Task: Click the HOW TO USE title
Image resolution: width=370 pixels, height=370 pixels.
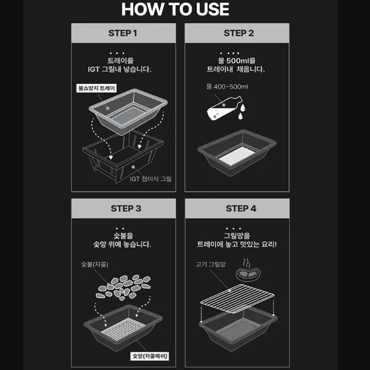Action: pyautogui.click(x=175, y=10)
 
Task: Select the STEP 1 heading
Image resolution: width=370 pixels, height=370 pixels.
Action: pyautogui.click(x=123, y=33)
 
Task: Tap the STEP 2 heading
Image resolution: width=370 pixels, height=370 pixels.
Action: pyautogui.click(x=239, y=33)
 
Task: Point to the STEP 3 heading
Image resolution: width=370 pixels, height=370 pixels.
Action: pyautogui.click(x=126, y=209)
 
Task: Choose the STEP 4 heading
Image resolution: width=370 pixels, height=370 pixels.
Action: pyautogui.click(x=241, y=209)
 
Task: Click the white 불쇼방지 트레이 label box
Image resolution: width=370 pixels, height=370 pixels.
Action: pyautogui.click(x=97, y=88)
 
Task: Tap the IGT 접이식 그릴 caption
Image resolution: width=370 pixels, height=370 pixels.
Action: pyautogui.click(x=150, y=179)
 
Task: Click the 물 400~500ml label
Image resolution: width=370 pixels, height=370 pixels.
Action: pyautogui.click(x=227, y=87)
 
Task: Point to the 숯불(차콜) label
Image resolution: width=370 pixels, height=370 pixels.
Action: pyautogui.click(x=95, y=264)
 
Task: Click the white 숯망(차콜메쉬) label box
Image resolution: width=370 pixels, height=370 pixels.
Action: pyautogui.click(x=150, y=356)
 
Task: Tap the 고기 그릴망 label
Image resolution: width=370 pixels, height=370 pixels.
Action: pyautogui.click(x=211, y=264)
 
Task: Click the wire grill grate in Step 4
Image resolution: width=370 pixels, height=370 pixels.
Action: pyautogui.click(x=237, y=298)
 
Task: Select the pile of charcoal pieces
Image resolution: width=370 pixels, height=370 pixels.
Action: pyautogui.click(x=123, y=288)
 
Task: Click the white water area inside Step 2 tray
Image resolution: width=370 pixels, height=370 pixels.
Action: pyautogui.click(x=237, y=156)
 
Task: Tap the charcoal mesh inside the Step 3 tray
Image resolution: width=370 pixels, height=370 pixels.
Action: pyautogui.click(x=123, y=329)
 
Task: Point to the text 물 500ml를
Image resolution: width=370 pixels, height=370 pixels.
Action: pyautogui.click(x=236, y=61)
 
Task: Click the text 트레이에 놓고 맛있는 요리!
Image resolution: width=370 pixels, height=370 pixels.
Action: pyautogui.click(x=237, y=244)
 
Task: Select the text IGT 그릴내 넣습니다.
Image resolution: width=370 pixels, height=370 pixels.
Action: pyautogui.click(x=120, y=69)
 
